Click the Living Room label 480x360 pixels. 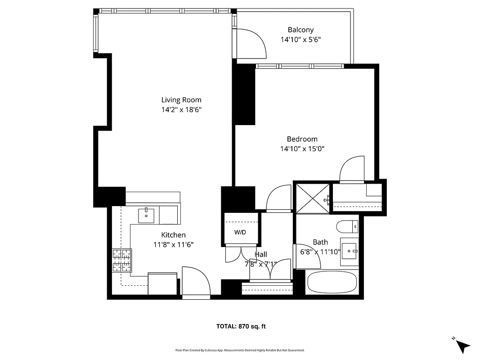click(x=181, y=100)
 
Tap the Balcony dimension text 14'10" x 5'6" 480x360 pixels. click(x=301, y=40)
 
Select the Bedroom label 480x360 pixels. click(x=302, y=139)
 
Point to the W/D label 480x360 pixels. click(x=240, y=233)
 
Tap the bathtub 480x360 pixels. click(x=332, y=282)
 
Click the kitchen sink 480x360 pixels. click(x=146, y=215)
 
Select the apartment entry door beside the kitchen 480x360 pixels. click(x=195, y=282)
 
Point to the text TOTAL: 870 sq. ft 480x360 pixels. click(x=241, y=326)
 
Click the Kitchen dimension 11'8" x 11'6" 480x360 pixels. click(x=173, y=245)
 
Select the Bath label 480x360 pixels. click(x=320, y=242)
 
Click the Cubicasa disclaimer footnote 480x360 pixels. click(x=240, y=350)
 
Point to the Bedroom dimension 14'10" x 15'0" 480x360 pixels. click(x=302, y=148)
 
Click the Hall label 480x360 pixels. click(x=260, y=255)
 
